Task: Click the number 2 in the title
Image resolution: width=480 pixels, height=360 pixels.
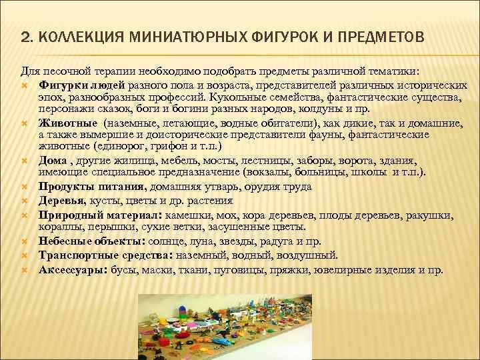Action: click(x=25, y=35)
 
